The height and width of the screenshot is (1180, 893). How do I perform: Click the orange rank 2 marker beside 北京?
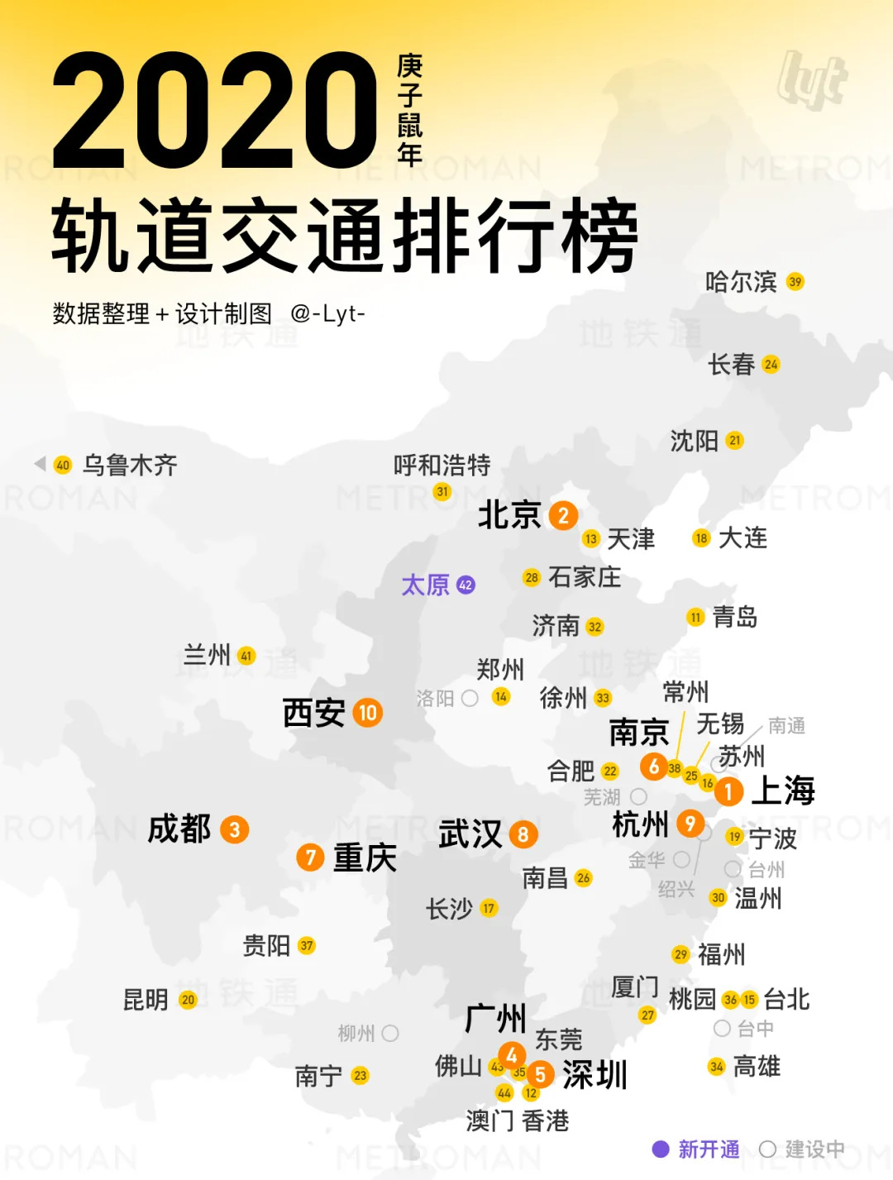(x=563, y=515)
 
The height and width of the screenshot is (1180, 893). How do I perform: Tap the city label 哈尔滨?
(x=740, y=282)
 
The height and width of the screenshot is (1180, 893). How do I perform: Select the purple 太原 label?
(x=425, y=585)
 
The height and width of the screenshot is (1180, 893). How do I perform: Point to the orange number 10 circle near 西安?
(x=368, y=712)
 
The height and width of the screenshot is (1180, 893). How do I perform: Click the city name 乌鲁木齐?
(x=130, y=465)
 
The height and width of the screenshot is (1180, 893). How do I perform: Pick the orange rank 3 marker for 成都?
(x=235, y=829)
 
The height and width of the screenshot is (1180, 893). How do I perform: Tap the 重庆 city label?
(x=365, y=858)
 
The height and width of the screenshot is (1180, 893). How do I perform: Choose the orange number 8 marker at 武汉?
(x=523, y=834)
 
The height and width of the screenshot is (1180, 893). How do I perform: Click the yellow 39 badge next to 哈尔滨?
(x=795, y=282)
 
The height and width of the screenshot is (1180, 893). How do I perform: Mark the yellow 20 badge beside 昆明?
(x=188, y=1000)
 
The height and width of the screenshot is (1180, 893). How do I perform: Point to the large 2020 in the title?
(x=215, y=110)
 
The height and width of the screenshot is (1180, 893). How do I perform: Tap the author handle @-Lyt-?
(x=327, y=314)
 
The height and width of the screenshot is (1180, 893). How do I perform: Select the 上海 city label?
(x=782, y=791)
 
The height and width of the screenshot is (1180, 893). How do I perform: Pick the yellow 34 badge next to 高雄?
(x=717, y=1067)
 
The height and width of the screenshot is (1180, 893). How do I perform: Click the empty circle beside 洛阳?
(x=470, y=699)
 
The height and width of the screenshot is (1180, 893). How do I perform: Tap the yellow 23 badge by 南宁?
(x=360, y=1076)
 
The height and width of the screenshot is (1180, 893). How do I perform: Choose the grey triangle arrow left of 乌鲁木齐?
(x=40, y=464)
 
